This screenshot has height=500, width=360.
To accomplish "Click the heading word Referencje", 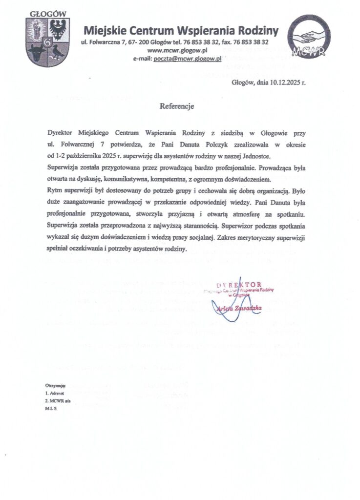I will point(177,106).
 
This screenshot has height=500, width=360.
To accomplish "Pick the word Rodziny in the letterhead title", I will point(256,31).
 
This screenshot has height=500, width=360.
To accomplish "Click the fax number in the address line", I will point(250,42).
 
